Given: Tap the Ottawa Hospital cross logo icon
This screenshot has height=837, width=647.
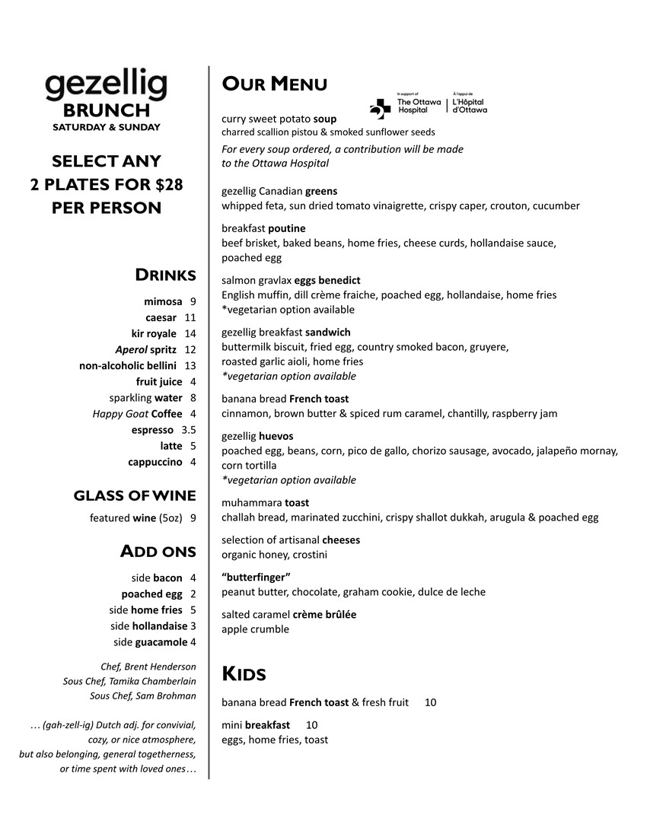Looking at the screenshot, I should (380, 108).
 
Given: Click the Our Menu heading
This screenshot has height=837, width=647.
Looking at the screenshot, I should (274, 84).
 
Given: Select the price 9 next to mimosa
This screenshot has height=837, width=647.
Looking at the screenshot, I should (193, 301).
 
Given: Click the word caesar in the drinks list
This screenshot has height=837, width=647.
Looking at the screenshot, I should (161, 317).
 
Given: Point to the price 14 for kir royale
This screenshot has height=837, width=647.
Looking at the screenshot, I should (190, 333).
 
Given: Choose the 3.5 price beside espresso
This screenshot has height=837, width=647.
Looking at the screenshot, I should (189, 430).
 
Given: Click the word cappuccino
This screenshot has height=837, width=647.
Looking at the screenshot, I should (155, 462).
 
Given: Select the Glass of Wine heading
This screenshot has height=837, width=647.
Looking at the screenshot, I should (135, 496).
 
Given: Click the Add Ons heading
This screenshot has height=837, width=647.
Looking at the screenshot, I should (158, 551).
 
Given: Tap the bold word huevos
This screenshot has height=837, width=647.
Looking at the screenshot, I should (276, 436).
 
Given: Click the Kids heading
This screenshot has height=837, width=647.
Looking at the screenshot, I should (244, 673).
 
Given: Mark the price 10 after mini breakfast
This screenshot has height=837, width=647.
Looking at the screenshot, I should (311, 724).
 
